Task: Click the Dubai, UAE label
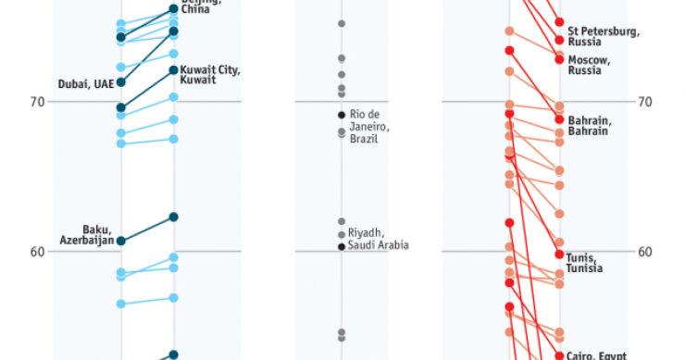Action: [85, 83]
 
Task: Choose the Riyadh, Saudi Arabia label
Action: [379, 239]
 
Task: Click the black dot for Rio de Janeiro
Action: [342, 115]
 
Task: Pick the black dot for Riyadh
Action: [342, 246]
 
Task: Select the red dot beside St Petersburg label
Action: [560, 40]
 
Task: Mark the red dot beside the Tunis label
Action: [560, 254]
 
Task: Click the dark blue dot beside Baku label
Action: [121, 241]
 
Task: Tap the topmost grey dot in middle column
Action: [342, 23]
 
